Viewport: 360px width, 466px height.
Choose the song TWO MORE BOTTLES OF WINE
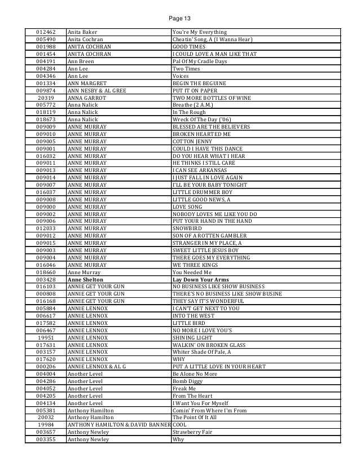pyautogui.click(x=211, y=97)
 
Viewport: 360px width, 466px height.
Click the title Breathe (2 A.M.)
pyautogui.click(x=196, y=104)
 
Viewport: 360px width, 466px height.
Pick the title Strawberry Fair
pyautogui.click(x=193, y=432)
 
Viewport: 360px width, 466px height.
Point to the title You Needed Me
pyautogui.click(x=192, y=272)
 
